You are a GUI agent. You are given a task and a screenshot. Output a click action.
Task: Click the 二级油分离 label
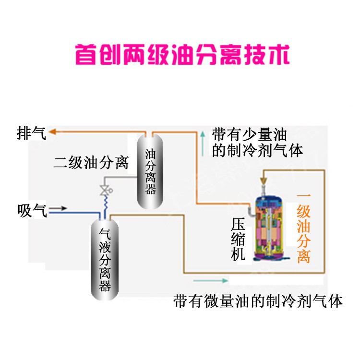point(91,163)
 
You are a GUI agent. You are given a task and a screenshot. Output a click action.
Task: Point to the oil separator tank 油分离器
point(151,170)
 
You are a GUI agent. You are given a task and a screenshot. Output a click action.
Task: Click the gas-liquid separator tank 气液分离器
point(105,259)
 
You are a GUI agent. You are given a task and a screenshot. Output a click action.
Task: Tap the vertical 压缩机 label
point(238,240)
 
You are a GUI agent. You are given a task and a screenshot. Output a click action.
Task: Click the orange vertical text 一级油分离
point(303,228)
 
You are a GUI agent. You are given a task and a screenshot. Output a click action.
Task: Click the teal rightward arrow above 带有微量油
point(210,280)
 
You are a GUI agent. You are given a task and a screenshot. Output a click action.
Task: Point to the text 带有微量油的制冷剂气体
point(258,301)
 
